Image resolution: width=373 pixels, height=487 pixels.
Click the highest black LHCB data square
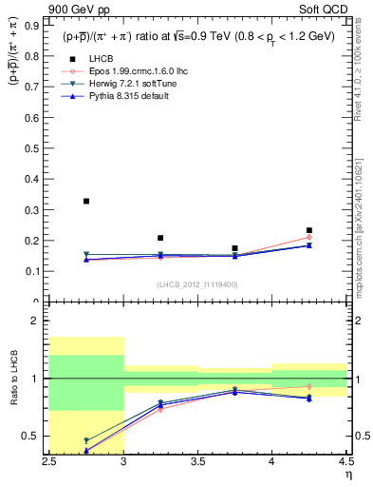click(x=86, y=202)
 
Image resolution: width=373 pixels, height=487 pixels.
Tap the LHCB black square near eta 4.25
click(x=308, y=230)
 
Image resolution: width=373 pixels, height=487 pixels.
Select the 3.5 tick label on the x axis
click(x=197, y=461)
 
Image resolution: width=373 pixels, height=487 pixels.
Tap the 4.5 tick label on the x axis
click(x=345, y=461)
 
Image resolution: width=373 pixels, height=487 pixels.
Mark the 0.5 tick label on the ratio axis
click(x=32, y=437)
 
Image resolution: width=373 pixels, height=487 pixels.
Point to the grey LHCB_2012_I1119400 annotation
click(x=196, y=284)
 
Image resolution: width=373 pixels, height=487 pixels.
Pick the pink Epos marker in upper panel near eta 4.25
click(x=308, y=238)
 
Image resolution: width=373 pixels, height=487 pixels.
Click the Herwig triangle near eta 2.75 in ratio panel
click(x=86, y=440)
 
